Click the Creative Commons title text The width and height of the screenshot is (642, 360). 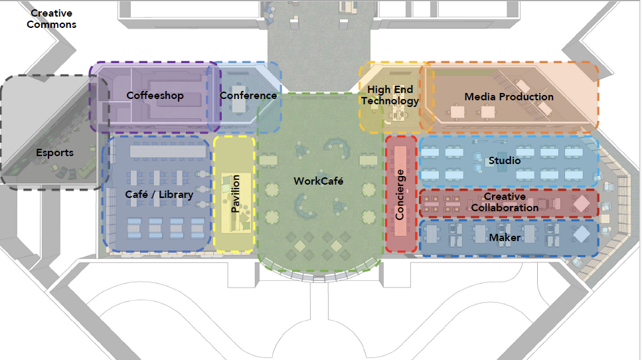pyautogui.click(x=53, y=19)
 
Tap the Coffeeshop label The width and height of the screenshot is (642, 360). pyautogui.click(x=155, y=96)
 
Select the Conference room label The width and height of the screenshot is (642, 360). pyautogui.click(x=248, y=96)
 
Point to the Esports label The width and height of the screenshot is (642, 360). pyautogui.click(x=54, y=153)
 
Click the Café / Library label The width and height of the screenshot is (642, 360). pyautogui.click(x=159, y=195)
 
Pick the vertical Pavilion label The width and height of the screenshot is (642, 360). pyautogui.click(x=234, y=194)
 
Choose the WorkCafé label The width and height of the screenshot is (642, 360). pyautogui.click(x=319, y=181)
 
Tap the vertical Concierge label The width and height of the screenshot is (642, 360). pyautogui.click(x=400, y=195)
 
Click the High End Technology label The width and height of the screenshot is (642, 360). pyautogui.click(x=390, y=96)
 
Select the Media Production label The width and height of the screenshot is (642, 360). pyautogui.click(x=509, y=97)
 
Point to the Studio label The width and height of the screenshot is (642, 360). pyautogui.click(x=505, y=160)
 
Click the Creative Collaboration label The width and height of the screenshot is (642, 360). pyautogui.click(x=505, y=203)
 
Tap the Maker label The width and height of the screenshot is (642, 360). pyautogui.click(x=505, y=237)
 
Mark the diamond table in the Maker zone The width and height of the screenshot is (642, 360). pyautogui.click(x=582, y=234)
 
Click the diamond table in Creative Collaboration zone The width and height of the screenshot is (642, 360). pyautogui.click(x=582, y=203)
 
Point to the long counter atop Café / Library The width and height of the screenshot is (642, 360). pyautogui.click(x=167, y=151)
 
